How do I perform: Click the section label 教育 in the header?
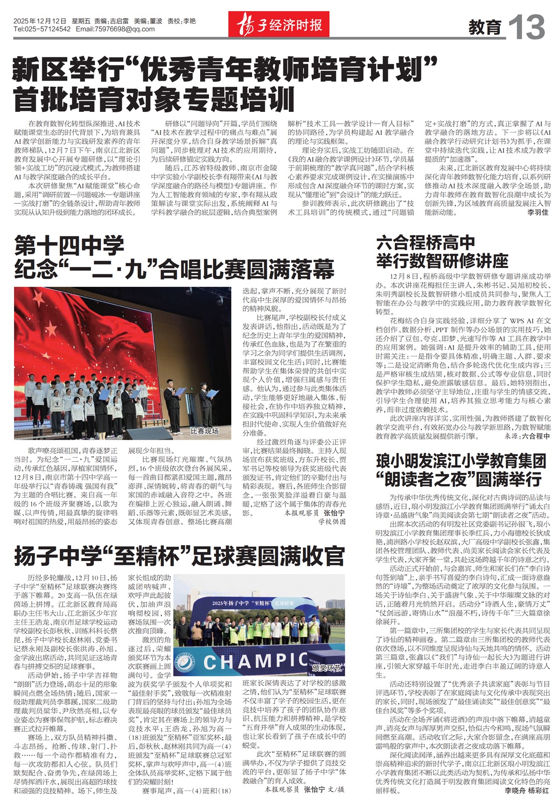click(485, 28)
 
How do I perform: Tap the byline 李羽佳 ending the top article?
click(538, 212)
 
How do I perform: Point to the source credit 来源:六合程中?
click(527, 437)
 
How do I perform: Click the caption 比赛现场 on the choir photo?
click(204, 431)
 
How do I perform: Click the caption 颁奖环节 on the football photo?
click(327, 667)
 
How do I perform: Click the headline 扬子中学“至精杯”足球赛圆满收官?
click(179, 556)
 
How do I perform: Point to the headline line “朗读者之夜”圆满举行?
click(458, 479)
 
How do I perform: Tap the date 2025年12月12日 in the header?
click(40, 21)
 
